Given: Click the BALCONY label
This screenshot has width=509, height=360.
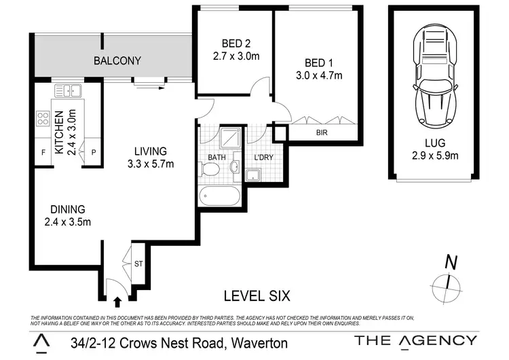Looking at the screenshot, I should click(117, 61).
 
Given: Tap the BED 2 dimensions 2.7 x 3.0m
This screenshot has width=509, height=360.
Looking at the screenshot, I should click(233, 56).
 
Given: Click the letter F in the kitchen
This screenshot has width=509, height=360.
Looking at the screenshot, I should click(43, 152).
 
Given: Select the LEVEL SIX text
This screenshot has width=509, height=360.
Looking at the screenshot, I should click(257, 296).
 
